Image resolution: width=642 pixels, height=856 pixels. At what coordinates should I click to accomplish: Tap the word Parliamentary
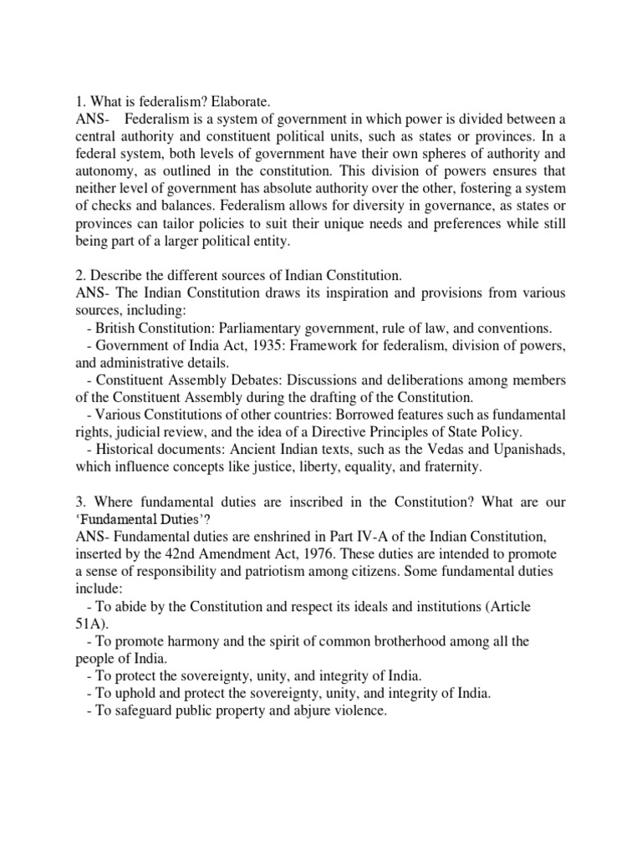tap(274, 328)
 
